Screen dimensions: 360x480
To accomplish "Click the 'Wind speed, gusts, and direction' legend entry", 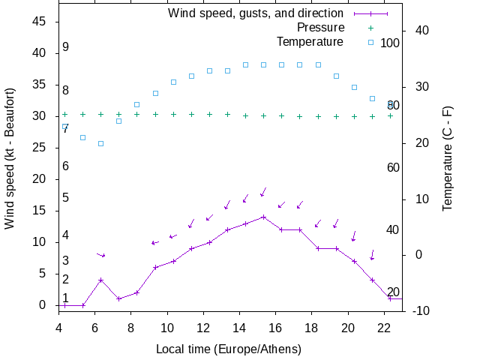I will tap(255, 13).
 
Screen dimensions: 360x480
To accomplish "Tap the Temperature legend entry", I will tap(310, 41).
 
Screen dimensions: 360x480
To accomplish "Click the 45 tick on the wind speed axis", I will tap(40, 22).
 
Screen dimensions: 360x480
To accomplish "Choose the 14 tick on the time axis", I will tap(239, 327).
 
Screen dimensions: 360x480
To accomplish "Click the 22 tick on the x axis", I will tap(384, 327).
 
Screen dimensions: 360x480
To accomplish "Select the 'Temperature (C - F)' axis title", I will tap(448, 158).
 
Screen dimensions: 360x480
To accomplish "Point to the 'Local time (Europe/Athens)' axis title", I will tap(228, 349).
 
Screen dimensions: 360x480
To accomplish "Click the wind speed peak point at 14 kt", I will tap(263, 217).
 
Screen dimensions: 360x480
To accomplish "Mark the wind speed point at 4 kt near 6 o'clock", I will tap(100, 280).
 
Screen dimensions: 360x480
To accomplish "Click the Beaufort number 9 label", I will tap(66, 47).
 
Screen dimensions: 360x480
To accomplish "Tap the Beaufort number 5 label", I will tap(66, 198).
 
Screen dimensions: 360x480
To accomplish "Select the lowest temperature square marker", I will tap(100, 143).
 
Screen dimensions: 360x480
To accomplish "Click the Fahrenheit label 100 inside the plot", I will tap(390, 43).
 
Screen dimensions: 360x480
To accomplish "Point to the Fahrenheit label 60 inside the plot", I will tap(393, 167).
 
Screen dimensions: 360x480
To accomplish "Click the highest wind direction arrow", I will tap(263, 192).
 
